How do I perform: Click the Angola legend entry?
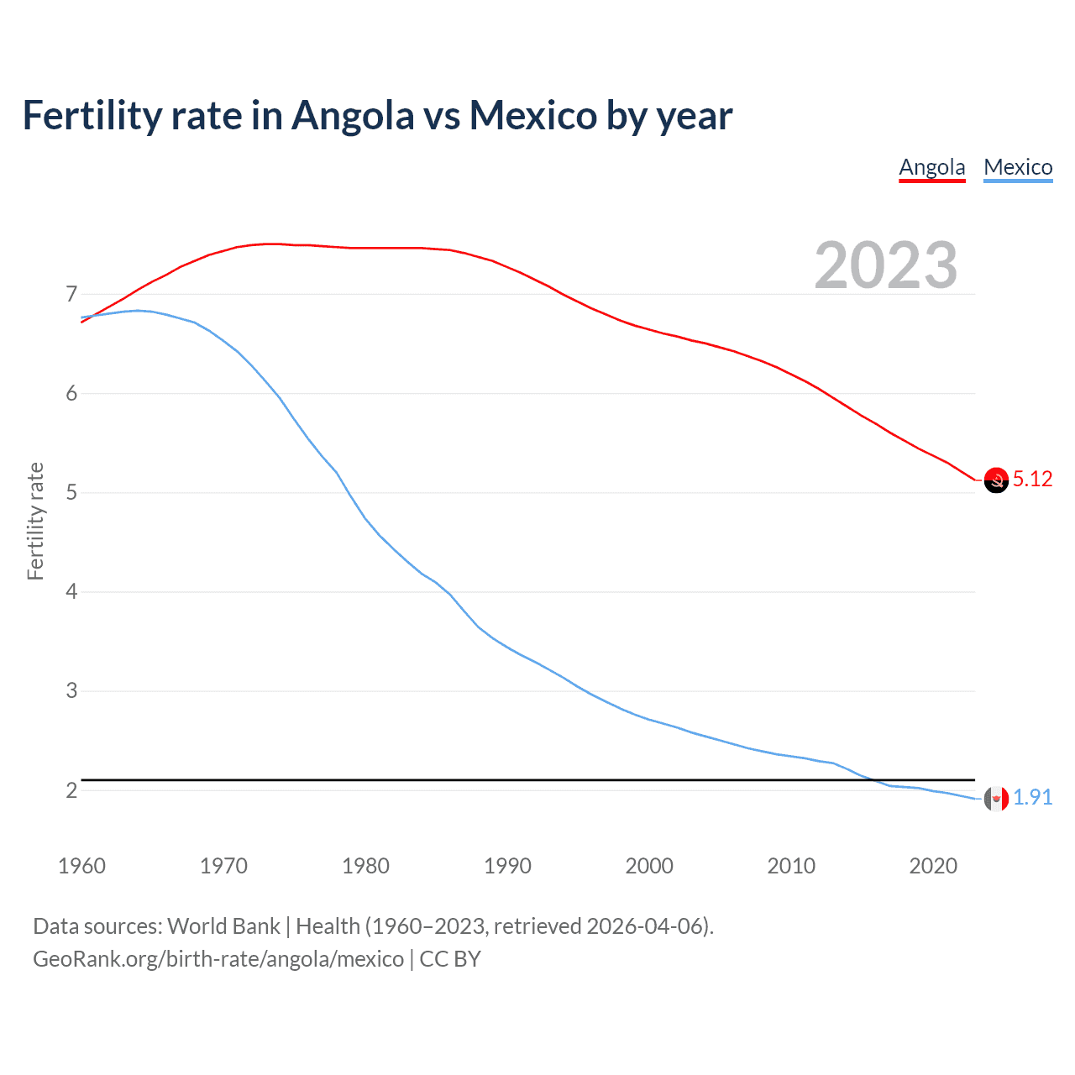pyautogui.click(x=931, y=167)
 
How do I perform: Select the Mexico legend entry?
pyautogui.click(x=1018, y=167)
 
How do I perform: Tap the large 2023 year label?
pyautogui.click(x=885, y=265)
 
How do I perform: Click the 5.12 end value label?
pyautogui.click(x=1032, y=479)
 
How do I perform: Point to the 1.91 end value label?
pyautogui.click(x=1032, y=797)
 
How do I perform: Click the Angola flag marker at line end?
pyautogui.click(x=996, y=480)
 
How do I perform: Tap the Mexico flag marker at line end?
pyautogui.click(x=996, y=799)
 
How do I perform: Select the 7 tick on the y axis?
pyautogui.click(x=71, y=294)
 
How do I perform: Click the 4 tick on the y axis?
pyautogui.click(x=71, y=592)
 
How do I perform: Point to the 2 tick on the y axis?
pyautogui.click(x=71, y=790)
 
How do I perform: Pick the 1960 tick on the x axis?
pyautogui.click(x=81, y=866)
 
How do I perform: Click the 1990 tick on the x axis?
pyautogui.click(x=507, y=866)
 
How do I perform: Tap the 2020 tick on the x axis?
pyautogui.click(x=933, y=866)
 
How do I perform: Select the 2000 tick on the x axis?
pyautogui.click(x=649, y=866)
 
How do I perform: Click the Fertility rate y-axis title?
pyautogui.click(x=35, y=521)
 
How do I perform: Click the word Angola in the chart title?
pyautogui.click(x=353, y=116)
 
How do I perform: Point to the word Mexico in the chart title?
pyautogui.click(x=532, y=116)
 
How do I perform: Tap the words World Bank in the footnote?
pyautogui.click(x=223, y=926)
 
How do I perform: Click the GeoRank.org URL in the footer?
pyautogui.click(x=218, y=959)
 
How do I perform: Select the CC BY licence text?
pyautogui.click(x=450, y=959)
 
